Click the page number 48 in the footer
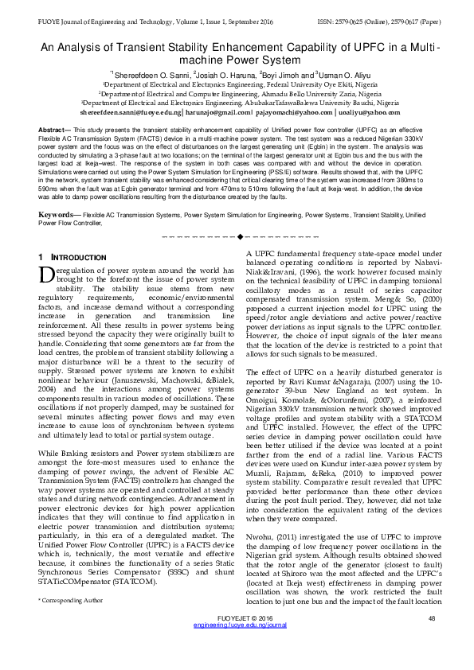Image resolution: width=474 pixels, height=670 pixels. pos(432,641)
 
